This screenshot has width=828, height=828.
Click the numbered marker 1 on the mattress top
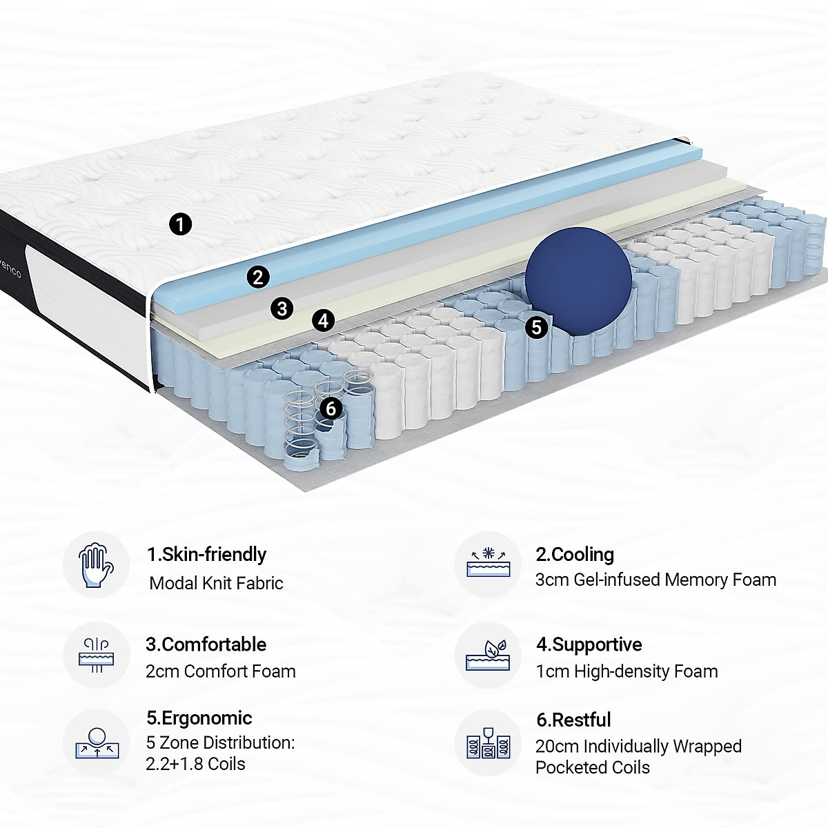(180, 224)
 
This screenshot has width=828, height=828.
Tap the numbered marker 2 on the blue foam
(257, 277)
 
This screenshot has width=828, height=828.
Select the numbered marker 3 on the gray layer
(282, 308)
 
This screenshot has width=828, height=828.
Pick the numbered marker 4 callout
(323, 320)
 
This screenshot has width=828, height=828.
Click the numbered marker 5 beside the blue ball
(537, 327)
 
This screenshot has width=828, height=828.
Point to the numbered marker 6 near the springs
(331, 408)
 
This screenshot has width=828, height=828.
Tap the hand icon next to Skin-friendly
(96, 564)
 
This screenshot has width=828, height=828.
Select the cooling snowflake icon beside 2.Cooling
(488, 564)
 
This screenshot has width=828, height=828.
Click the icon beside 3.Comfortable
(96, 653)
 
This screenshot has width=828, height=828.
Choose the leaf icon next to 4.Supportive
(488, 653)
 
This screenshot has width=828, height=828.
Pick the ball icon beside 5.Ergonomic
(96, 742)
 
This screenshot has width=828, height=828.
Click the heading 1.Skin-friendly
(206, 555)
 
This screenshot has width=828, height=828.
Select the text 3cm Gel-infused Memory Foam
(655, 580)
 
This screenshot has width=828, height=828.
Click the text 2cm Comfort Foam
(221, 671)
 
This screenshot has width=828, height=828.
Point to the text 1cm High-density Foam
(627, 671)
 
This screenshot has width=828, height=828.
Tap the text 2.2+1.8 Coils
(196, 764)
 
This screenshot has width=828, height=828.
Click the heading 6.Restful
(573, 720)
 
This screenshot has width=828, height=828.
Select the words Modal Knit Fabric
(216, 583)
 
